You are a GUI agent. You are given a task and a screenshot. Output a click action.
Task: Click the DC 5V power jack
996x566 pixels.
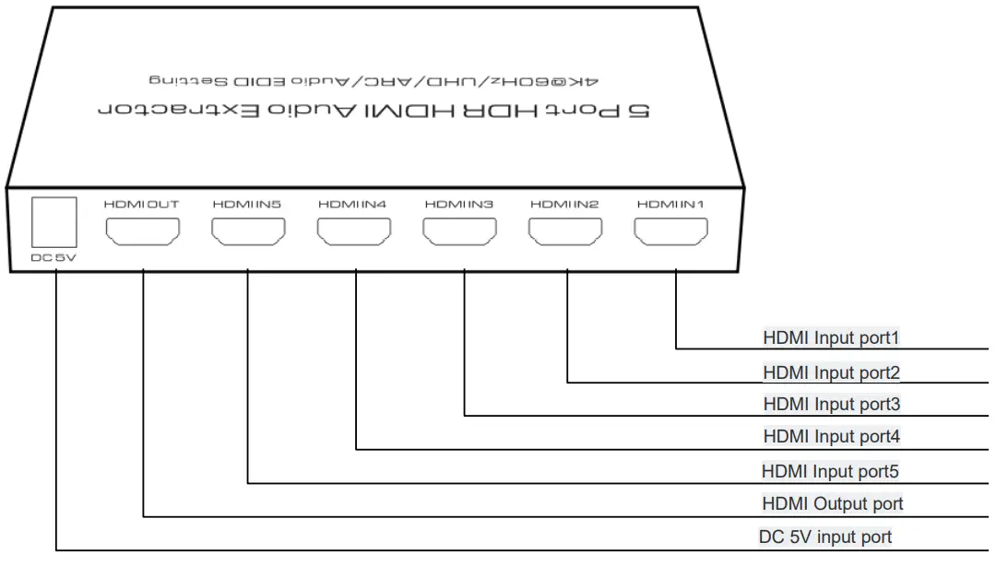coord(53,222)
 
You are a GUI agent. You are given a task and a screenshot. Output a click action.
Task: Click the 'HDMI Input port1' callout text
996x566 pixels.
coord(830,337)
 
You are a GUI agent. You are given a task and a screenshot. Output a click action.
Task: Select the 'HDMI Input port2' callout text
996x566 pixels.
coord(830,372)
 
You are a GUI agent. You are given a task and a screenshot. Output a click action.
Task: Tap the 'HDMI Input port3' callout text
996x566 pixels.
coord(830,404)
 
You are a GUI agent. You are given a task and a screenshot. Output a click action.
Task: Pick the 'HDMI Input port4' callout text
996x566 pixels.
coord(830,436)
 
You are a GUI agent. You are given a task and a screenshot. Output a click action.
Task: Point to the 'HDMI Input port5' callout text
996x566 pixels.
coord(829,471)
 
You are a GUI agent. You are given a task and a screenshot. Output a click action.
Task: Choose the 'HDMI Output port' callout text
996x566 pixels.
coord(832,503)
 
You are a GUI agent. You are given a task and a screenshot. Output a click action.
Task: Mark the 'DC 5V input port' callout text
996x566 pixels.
coord(824,537)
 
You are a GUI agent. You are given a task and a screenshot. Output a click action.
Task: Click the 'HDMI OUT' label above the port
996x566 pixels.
coord(142,204)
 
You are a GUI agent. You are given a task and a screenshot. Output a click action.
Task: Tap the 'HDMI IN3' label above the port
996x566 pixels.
coord(460,204)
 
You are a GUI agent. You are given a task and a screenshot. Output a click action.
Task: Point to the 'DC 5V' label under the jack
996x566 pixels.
coord(53,257)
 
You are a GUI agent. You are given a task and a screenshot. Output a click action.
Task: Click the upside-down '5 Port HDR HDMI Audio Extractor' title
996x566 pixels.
coord(373,110)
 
